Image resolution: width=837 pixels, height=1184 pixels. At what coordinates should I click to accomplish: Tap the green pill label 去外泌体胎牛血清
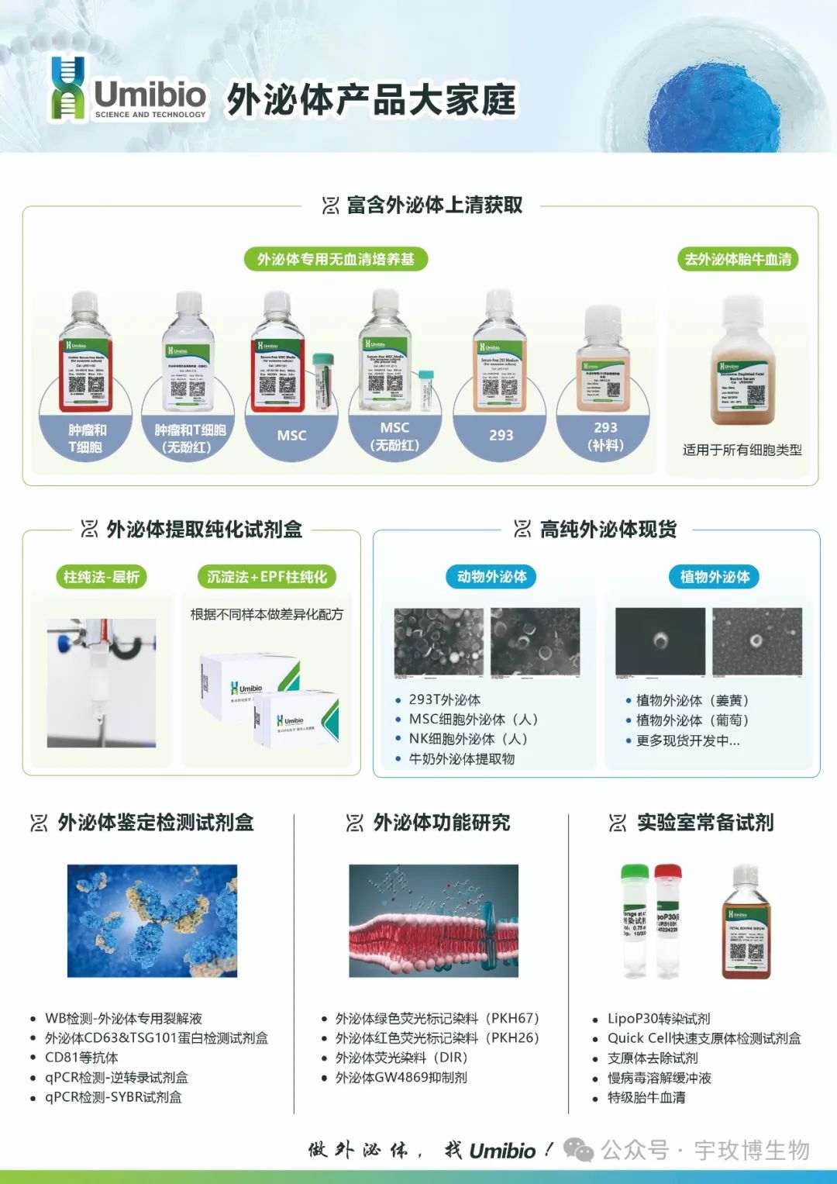tap(738, 259)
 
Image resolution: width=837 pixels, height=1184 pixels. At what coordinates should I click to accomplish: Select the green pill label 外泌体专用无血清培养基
tap(336, 259)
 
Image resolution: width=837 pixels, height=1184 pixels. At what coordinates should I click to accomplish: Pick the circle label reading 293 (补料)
tap(605, 436)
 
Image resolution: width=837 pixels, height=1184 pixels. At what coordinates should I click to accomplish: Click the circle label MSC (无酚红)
tap(394, 436)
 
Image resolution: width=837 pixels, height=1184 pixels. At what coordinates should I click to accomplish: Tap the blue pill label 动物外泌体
tap(491, 576)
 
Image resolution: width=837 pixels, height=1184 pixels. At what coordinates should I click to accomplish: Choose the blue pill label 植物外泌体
tap(715, 576)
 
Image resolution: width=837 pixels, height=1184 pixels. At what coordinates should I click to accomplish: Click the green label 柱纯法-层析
tap(102, 576)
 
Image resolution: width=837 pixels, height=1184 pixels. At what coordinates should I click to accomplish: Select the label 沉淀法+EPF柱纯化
tap(267, 576)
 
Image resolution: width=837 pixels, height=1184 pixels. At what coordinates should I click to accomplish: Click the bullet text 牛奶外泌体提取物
tap(462, 759)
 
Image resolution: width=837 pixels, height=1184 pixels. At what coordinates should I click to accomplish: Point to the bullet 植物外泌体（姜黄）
tap(692, 700)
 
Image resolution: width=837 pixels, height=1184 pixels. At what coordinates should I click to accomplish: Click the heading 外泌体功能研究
tap(441, 822)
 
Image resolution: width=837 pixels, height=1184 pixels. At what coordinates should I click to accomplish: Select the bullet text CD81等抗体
tap(81, 1058)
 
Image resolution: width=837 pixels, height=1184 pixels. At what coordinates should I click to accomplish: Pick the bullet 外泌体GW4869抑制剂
tap(401, 1077)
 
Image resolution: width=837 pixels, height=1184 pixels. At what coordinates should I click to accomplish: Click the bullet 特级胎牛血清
tap(646, 1097)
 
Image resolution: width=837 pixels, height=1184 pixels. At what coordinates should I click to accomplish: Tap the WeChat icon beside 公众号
tap(578, 1149)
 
